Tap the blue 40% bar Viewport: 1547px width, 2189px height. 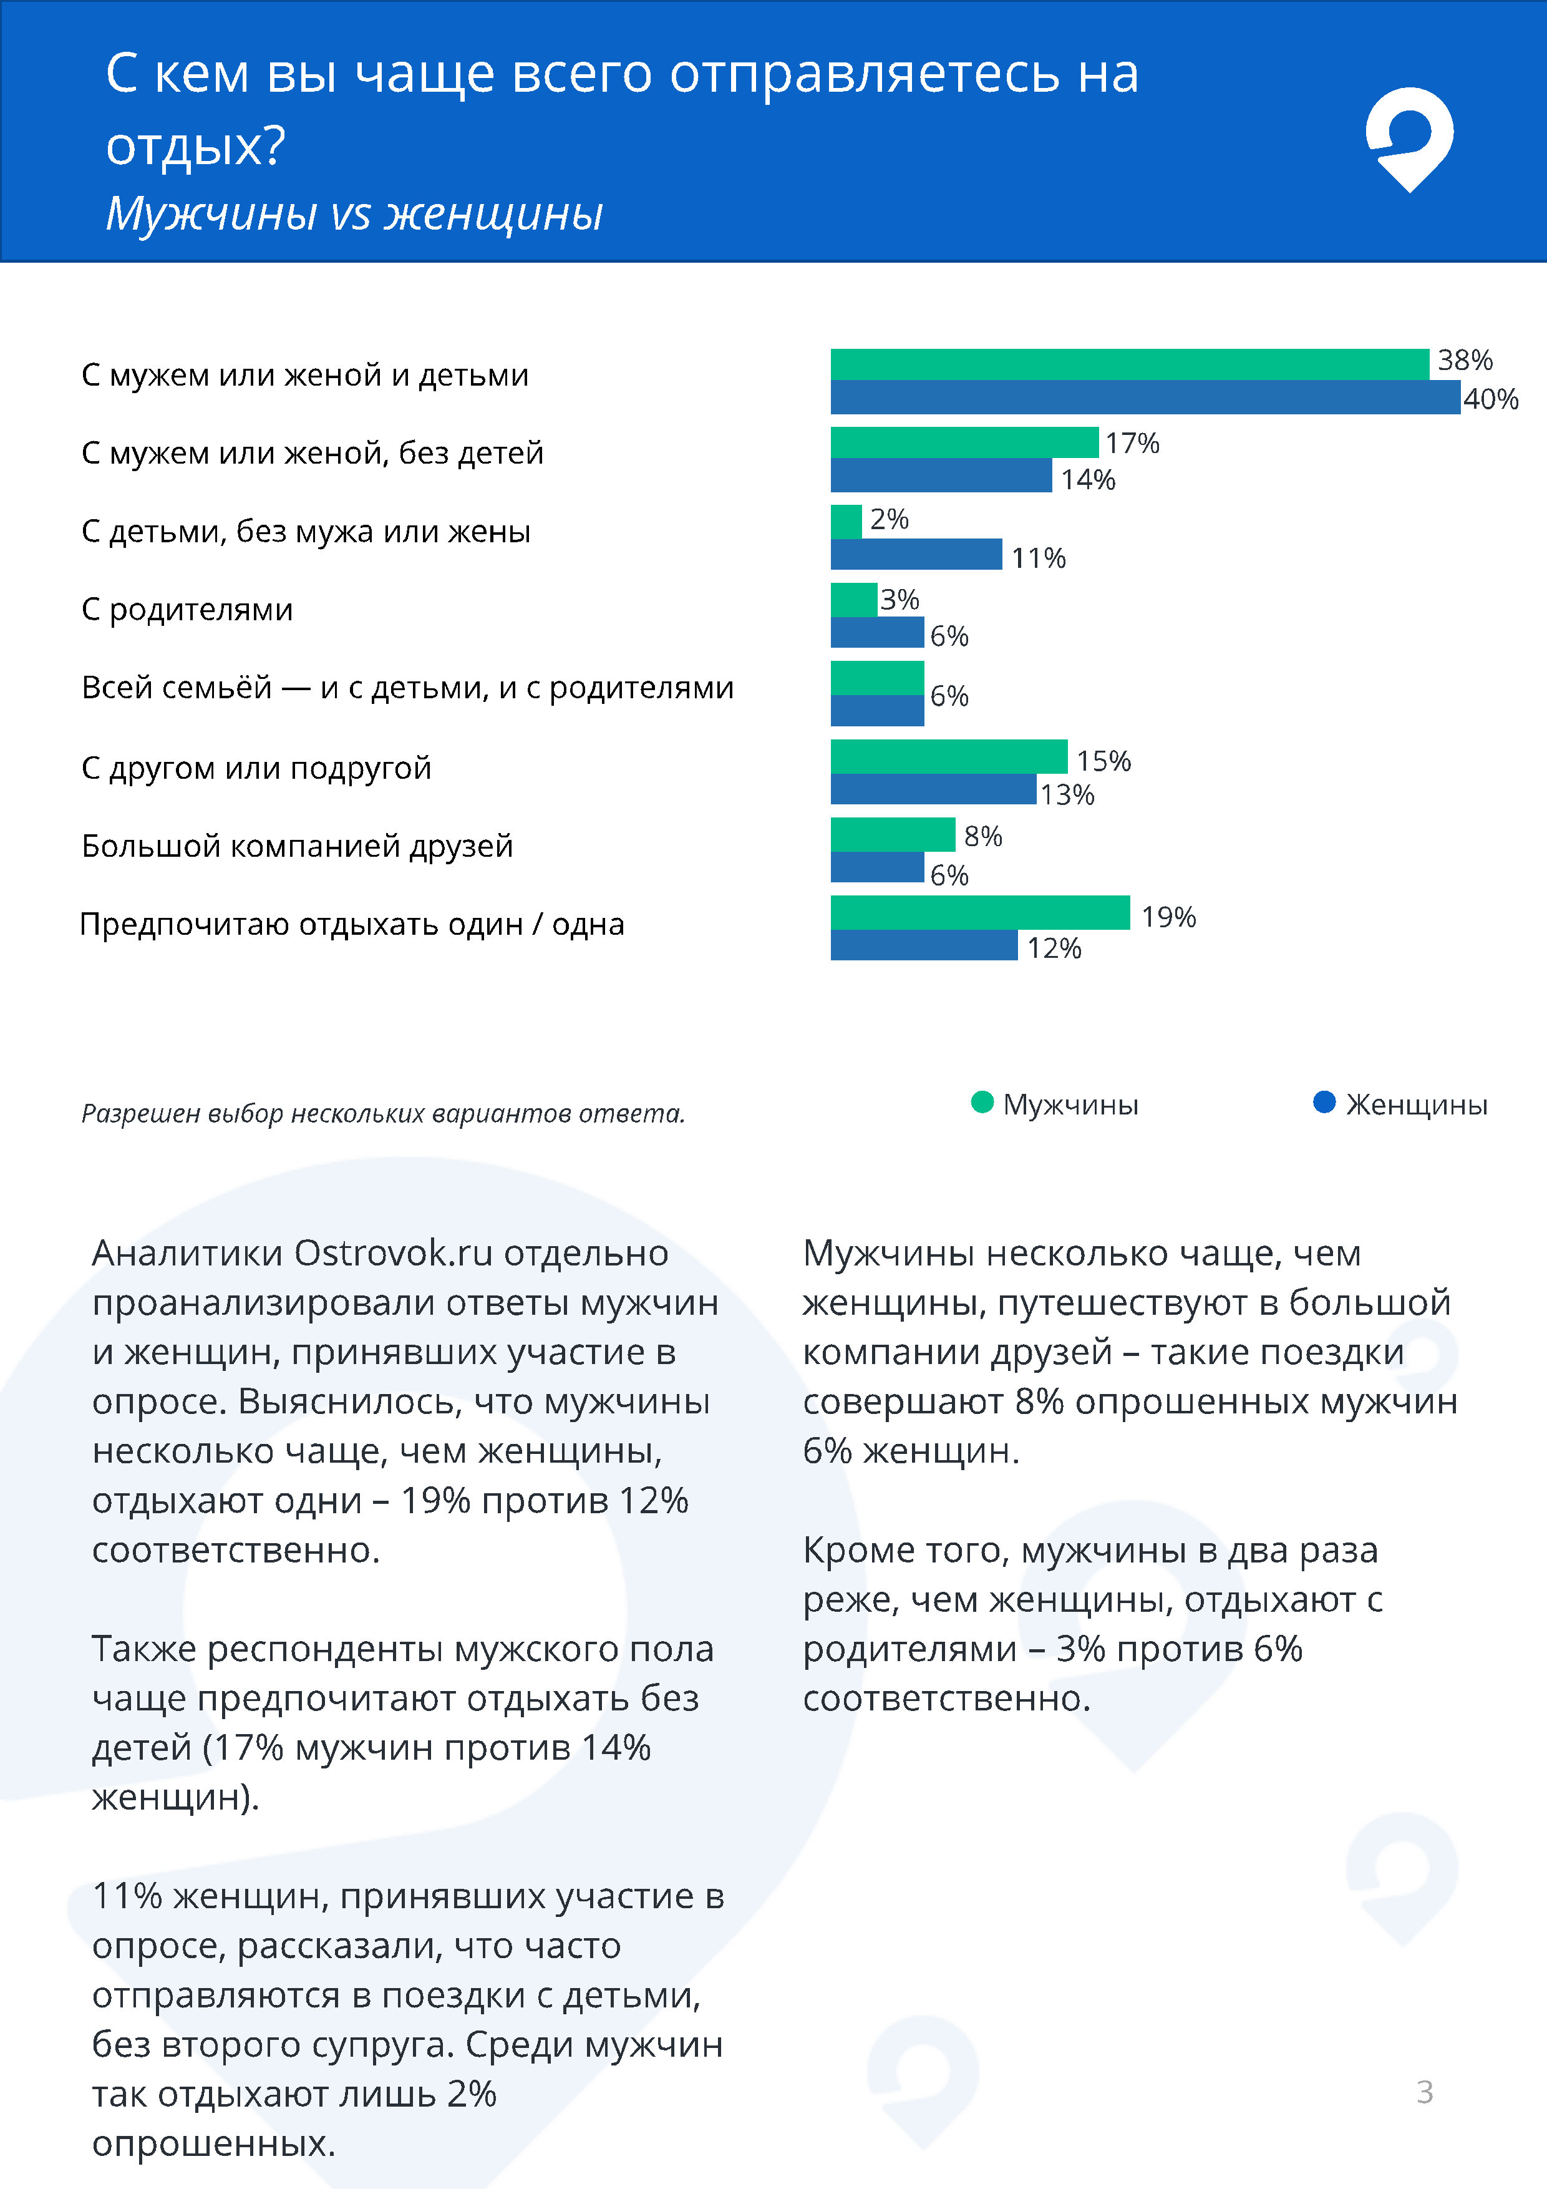(1144, 397)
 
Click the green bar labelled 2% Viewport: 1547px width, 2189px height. (845, 522)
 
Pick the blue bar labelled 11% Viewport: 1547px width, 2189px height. (915, 555)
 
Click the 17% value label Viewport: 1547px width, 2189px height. (1132, 443)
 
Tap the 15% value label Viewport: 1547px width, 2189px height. (1103, 761)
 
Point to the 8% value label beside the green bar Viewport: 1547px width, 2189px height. (982, 836)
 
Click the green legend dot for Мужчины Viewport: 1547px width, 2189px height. (982, 1102)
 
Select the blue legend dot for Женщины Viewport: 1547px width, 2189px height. (1324, 1102)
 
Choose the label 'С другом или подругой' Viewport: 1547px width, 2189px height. (256, 768)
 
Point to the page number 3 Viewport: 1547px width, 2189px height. (1424, 2092)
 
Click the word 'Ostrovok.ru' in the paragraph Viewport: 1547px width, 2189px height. (393, 1253)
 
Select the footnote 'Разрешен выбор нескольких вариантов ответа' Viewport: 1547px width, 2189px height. (382, 1114)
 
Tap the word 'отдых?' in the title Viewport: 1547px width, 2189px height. (195, 146)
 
